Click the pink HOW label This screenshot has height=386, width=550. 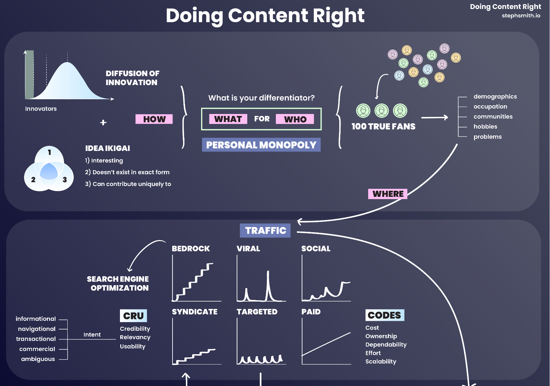point(154,119)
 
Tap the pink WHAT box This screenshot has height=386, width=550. point(228,119)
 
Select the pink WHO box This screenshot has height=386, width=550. point(295,119)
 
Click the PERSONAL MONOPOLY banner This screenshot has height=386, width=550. point(261,145)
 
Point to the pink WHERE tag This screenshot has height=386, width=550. point(388,194)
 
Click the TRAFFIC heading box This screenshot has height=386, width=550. point(265,231)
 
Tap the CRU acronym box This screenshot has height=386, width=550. point(133,316)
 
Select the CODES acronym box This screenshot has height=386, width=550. point(385,315)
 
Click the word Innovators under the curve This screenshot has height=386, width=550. point(41,109)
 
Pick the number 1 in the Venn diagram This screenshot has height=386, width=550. point(49,152)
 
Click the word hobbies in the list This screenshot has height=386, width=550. point(485,127)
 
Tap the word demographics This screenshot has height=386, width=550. point(495,97)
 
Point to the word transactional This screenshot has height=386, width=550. point(36,339)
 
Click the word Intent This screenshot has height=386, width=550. point(92,335)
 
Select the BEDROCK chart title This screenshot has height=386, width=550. point(190,249)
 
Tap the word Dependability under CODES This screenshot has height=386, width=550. point(386,345)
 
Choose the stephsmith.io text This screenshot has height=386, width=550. point(521,15)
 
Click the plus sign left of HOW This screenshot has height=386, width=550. point(103,122)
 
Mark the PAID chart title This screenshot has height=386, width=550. point(311,312)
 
